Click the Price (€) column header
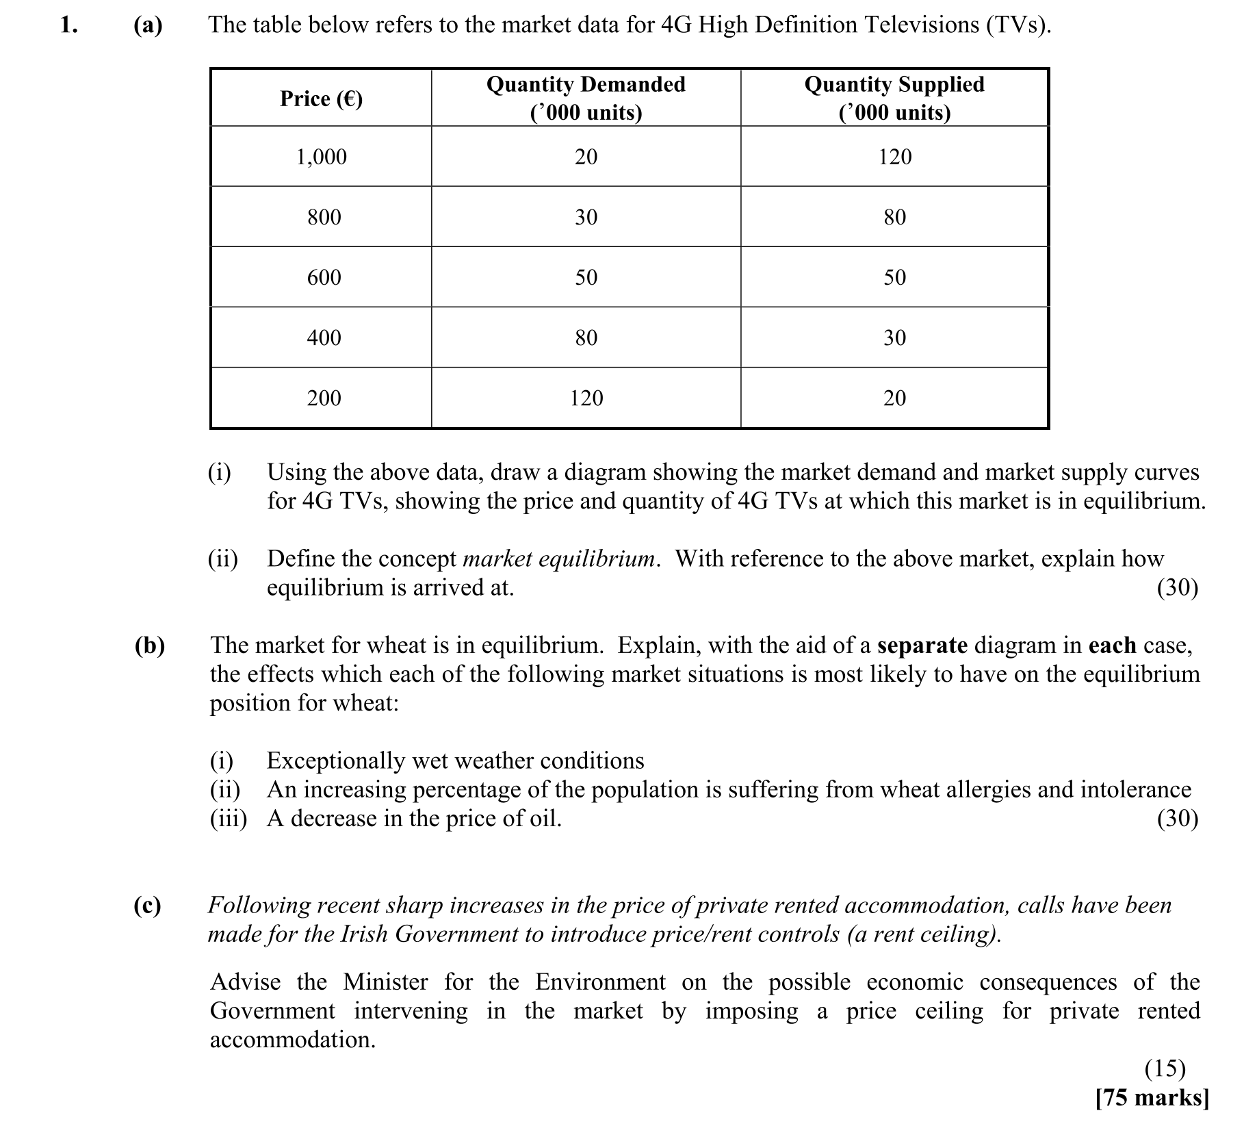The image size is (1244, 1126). [x=321, y=99]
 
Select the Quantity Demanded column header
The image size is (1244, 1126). [x=586, y=98]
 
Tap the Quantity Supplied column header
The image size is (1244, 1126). [x=894, y=98]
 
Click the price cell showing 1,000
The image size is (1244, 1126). [x=321, y=157]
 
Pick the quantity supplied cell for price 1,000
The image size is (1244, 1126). [x=894, y=157]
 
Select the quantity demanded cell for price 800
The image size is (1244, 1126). [x=586, y=217]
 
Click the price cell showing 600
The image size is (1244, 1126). [x=323, y=277]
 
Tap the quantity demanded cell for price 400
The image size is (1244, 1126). [x=586, y=337]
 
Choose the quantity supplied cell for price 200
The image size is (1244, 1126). [x=894, y=398]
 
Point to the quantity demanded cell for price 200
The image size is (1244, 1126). [x=586, y=398]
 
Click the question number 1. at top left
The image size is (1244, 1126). [x=68, y=25]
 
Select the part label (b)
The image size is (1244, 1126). [x=149, y=645]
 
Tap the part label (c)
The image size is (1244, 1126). [x=148, y=905]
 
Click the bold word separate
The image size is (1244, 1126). [x=922, y=645]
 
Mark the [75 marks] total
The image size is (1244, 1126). [x=1152, y=1097]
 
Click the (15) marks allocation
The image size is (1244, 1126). [x=1164, y=1068]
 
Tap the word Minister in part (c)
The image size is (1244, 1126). [x=385, y=982]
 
